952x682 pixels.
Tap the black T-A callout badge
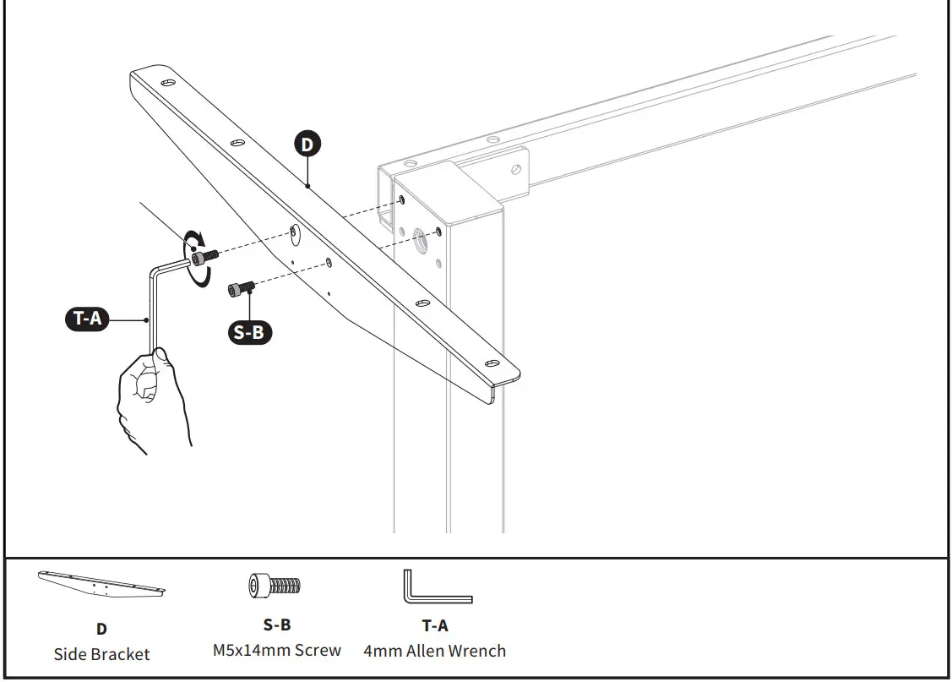pos(87,319)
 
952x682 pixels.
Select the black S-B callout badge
pos(248,332)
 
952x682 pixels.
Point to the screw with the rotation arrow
pos(204,255)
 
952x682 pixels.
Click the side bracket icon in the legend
pos(101,582)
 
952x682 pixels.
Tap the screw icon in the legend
pos(275,585)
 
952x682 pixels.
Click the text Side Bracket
pos(101,654)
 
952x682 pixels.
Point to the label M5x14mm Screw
pos(277,651)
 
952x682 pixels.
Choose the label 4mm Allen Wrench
pos(435,651)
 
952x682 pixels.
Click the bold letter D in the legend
pos(101,629)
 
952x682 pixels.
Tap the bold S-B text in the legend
pos(277,625)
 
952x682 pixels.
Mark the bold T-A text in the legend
pos(435,625)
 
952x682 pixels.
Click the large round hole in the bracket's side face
pos(292,232)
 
